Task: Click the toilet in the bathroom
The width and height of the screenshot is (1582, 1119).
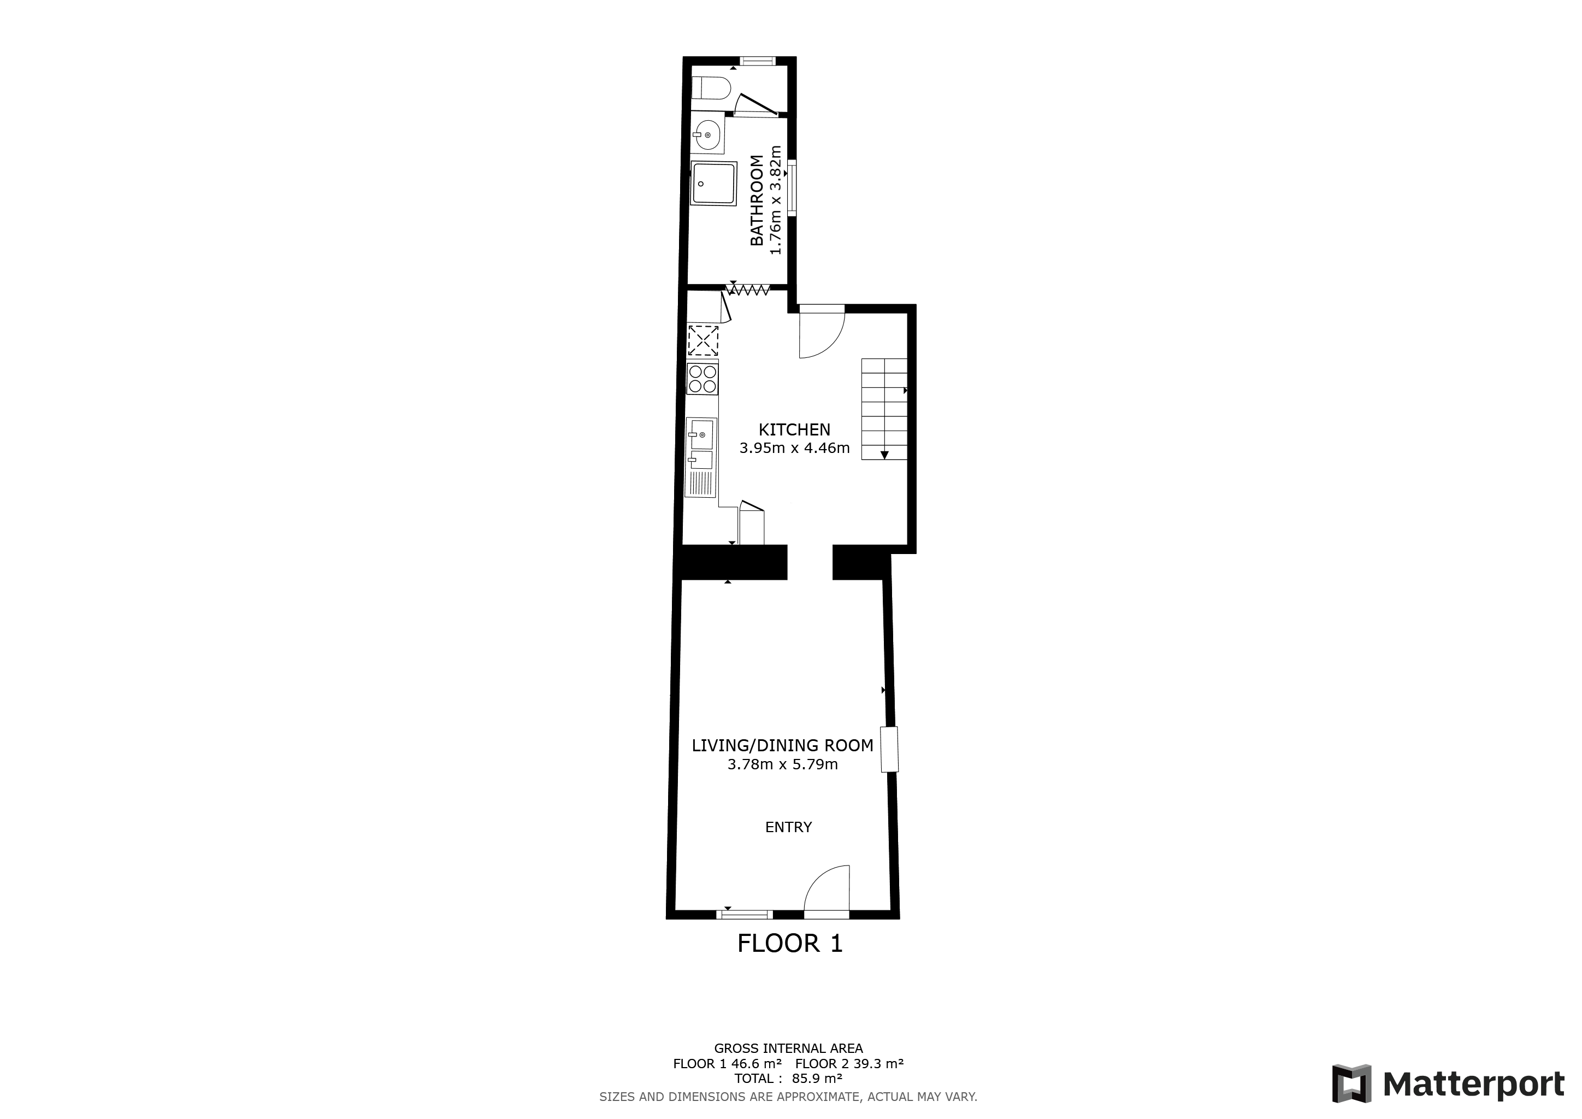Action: (x=711, y=87)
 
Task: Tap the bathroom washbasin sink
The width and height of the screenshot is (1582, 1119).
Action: (x=707, y=135)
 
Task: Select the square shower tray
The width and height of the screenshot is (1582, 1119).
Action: (x=714, y=182)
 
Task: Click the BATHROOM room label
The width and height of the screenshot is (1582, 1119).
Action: (x=757, y=200)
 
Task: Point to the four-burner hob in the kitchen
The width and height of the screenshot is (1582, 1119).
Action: (x=703, y=378)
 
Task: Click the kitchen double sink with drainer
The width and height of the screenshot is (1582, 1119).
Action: (x=701, y=457)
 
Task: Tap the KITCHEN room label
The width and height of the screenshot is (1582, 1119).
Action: (x=794, y=429)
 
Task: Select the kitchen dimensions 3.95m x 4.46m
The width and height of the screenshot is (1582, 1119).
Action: (x=794, y=449)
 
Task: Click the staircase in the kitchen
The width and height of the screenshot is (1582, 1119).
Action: (x=884, y=409)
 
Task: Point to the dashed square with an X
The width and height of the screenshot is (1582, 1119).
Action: (x=703, y=340)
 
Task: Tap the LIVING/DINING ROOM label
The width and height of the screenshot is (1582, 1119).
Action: (x=782, y=745)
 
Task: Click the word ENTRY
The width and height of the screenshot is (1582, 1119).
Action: (x=788, y=827)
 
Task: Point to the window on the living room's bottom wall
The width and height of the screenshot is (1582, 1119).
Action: (x=744, y=914)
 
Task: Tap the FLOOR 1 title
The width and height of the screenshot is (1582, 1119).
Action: (x=789, y=943)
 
